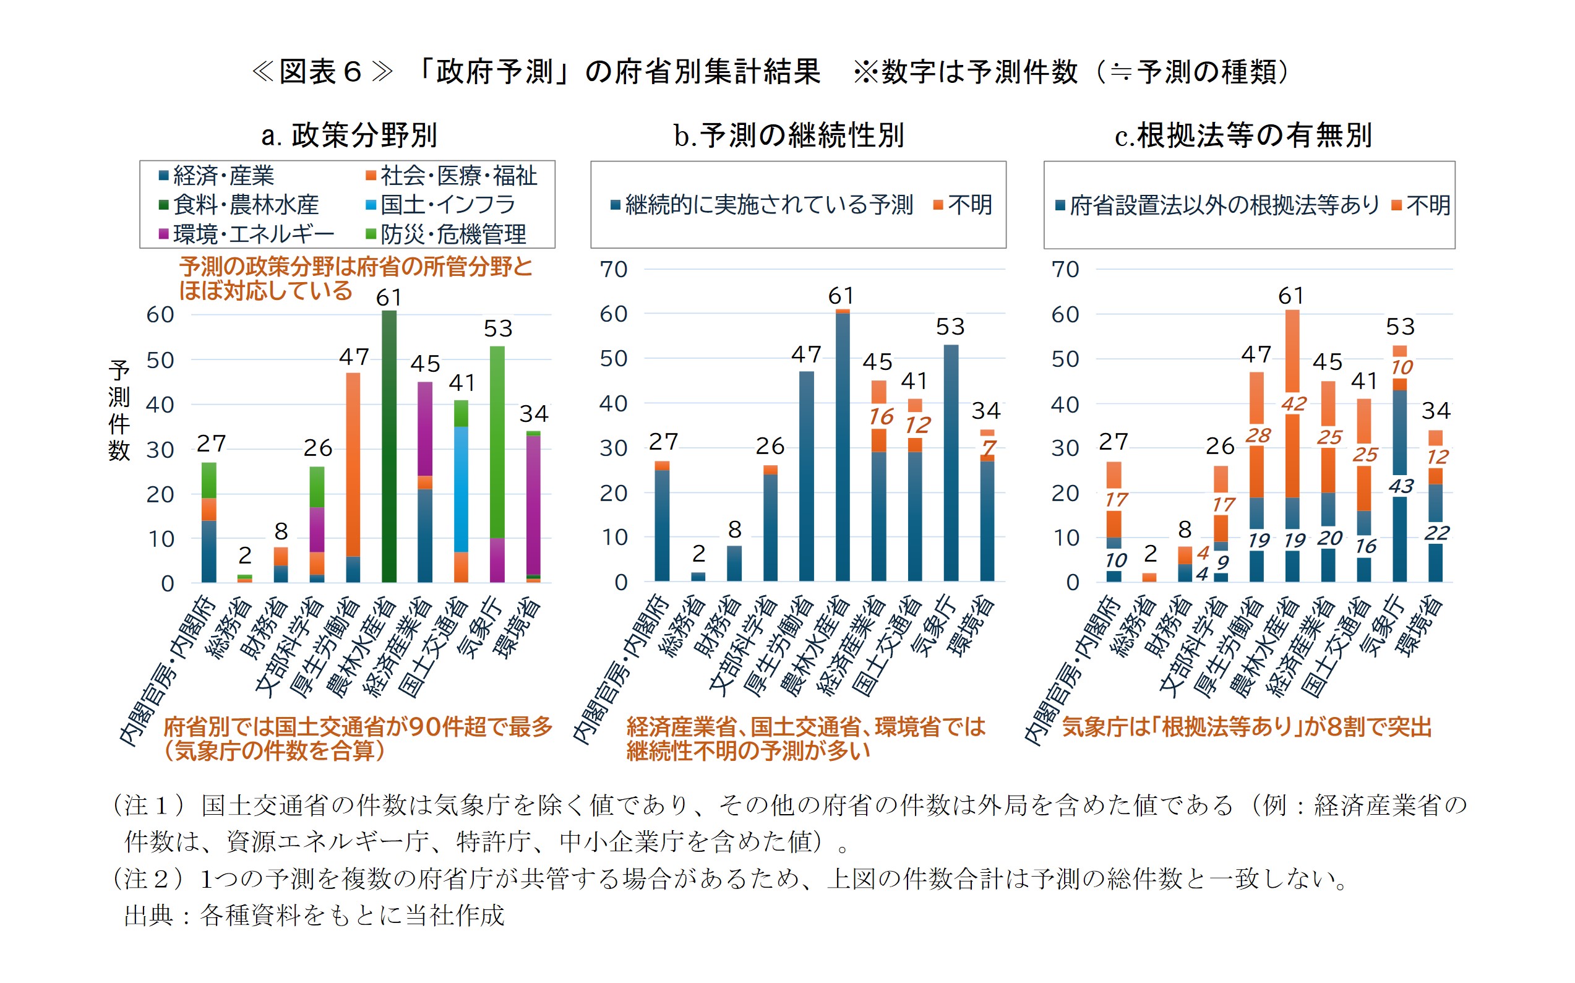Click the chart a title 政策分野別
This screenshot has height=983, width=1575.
click(350, 135)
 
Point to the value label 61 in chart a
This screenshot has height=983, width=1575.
click(388, 298)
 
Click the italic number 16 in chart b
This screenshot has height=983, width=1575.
click(881, 417)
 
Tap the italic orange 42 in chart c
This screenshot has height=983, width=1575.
click(1294, 404)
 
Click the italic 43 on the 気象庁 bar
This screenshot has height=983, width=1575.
click(1401, 486)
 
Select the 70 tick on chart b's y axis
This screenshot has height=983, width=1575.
click(614, 269)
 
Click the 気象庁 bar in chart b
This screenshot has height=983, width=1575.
click(950, 462)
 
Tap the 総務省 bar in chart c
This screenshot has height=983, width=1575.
click(1149, 577)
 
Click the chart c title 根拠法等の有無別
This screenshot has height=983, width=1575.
click(1243, 135)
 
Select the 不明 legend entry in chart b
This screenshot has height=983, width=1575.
click(963, 205)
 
